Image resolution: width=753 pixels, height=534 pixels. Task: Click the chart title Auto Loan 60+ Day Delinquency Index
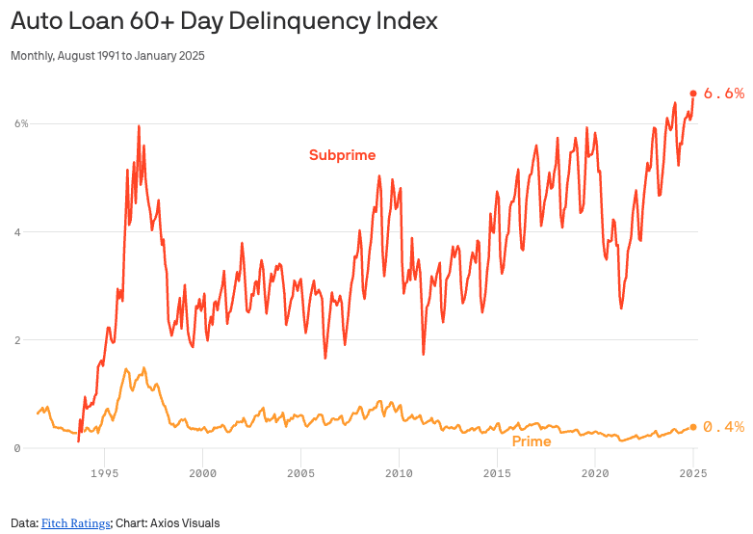[x=224, y=21]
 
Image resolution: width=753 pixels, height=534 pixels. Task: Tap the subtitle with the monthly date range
[x=108, y=56]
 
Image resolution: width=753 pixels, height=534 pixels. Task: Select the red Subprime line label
[x=342, y=155]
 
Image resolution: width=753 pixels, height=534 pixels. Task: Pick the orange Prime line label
[x=531, y=441]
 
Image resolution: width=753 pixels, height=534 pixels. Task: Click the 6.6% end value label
[x=724, y=93]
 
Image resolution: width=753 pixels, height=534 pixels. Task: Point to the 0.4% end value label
[x=724, y=427]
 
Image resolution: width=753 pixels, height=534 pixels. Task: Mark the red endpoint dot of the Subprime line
[x=693, y=93]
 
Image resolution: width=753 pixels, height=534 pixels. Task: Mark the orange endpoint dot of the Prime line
[x=693, y=427]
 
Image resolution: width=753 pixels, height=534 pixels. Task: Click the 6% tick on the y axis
[x=20, y=123]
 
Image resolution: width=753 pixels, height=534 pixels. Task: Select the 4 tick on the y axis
[x=16, y=232]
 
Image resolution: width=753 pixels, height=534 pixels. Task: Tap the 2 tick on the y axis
[x=16, y=340]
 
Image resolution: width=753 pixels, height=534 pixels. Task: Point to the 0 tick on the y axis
[x=16, y=448]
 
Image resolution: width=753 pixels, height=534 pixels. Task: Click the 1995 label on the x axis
[x=104, y=473]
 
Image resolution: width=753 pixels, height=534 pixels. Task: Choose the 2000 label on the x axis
[x=202, y=473]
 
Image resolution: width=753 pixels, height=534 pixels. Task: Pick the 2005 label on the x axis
[x=300, y=473]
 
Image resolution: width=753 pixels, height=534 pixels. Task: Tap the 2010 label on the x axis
[x=399, y=473]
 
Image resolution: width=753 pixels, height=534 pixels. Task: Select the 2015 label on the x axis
[x=497, y=473]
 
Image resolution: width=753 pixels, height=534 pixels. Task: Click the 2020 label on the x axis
[x=595, y=473]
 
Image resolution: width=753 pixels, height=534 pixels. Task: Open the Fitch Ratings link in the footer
[x=75, y=523]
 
